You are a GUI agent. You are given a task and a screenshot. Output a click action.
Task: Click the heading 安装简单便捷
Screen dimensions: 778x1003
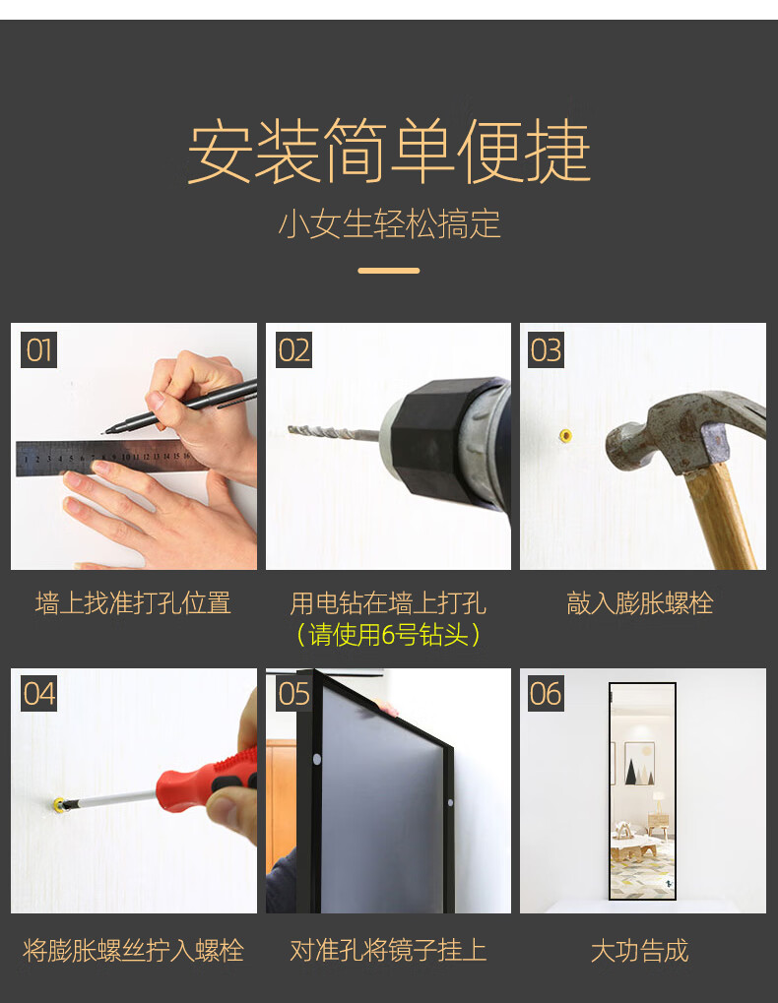coord(388,151)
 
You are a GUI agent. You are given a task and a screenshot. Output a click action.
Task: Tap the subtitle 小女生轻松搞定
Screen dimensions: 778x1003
coord(389,223)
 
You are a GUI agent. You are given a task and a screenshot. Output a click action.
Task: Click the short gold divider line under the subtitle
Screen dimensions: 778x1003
coord(388,271)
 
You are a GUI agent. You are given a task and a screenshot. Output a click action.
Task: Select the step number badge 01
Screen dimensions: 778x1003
coord(39,349)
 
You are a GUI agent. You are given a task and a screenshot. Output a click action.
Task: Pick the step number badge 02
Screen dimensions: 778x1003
coord(293,349)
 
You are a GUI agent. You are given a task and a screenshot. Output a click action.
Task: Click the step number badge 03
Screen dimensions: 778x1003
coord(546,349)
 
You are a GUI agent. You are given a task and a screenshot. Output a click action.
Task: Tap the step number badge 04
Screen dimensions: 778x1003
coord(39,693)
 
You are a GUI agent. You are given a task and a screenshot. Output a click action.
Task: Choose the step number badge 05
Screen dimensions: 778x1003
coord(293,693)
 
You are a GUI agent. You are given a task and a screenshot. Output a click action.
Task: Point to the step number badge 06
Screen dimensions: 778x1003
coord(546,693)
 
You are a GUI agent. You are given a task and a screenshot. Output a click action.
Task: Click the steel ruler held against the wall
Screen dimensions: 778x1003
coord(108,458)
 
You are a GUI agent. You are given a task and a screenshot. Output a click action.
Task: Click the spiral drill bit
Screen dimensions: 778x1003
coord(333,433)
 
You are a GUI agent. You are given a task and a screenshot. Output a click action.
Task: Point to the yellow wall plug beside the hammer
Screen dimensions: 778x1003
coord(565,436)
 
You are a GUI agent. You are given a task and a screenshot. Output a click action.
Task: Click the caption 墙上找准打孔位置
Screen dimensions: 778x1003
coord(133,603)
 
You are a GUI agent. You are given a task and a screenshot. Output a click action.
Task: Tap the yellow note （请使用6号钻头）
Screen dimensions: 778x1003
coord(388,635)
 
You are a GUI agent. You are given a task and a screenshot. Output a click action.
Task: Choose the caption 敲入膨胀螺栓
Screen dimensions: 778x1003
coord(640,603)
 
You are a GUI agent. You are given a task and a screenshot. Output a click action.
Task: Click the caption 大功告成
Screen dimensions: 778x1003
coord(640,951)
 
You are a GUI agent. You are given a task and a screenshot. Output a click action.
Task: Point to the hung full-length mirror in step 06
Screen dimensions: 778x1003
coord(642,791)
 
